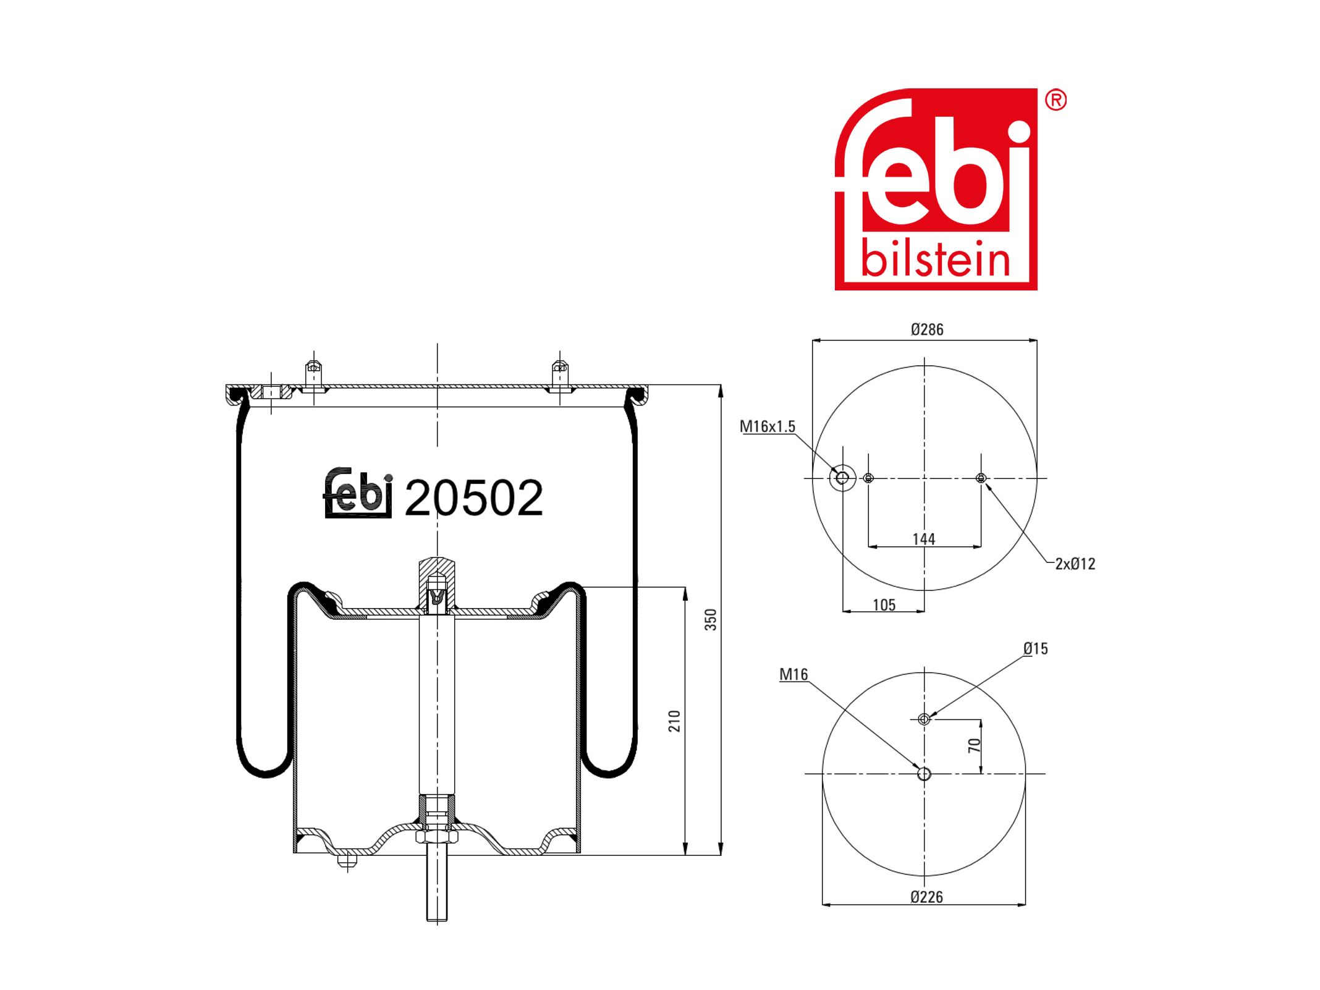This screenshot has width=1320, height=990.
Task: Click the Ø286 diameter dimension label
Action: pyautogui.click(x=926, y=329)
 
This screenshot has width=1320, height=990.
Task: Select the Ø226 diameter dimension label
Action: pyautogui.click(x=926, y=897)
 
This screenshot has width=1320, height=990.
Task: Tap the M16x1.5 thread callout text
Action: pyautogui.click(x=768, y=426)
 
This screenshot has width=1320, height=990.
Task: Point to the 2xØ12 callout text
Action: pyautogui.click(x=1075, y=564)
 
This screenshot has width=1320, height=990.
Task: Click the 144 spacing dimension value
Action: pyautogui.click(x=924, y=539)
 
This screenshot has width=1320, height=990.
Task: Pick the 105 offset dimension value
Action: pyautogui.click(x=884, y=605)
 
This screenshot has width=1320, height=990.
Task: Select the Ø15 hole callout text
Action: pyautogui.click(x=1036, y=648)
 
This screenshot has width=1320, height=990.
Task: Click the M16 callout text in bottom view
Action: pyautogui.click(x=793, y=674)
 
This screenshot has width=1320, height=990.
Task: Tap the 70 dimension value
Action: pyautogui.click(x=975, y=745)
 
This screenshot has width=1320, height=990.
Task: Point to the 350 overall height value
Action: pyautogui.click(x=711, y=619)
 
